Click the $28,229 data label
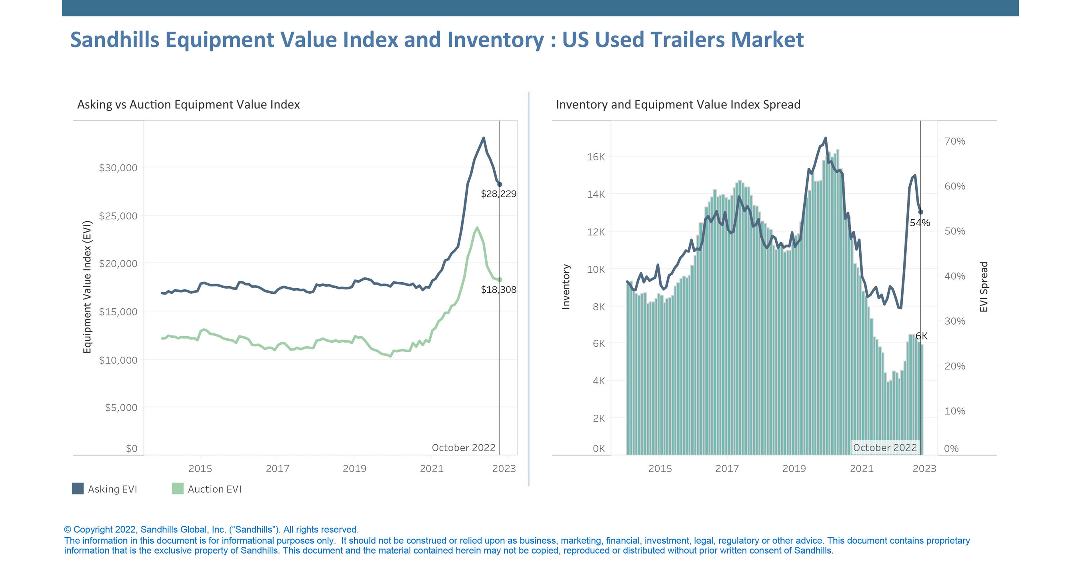pos(498,194)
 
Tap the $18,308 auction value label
pos(498,289)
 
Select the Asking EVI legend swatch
pos(78,488)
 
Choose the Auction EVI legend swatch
pos(177,488)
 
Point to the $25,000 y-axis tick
pos(118,216)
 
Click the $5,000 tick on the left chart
pos(121,407)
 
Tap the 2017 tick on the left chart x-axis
pos(277,468)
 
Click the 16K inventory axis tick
pos(596,157)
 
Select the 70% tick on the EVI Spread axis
pos(954,141)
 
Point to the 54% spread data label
pos(920,223)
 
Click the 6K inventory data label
pos(921,336)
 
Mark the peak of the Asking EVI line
pos(484,138)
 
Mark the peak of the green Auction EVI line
pos(477,228)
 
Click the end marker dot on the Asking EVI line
pos(499,185)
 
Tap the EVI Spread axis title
pos(984,287)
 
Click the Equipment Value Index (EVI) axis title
pos(87,287)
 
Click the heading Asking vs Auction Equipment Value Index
pos(188,104)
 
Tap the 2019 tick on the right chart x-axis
pos(794,468)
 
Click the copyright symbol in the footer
pos(68,530)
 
